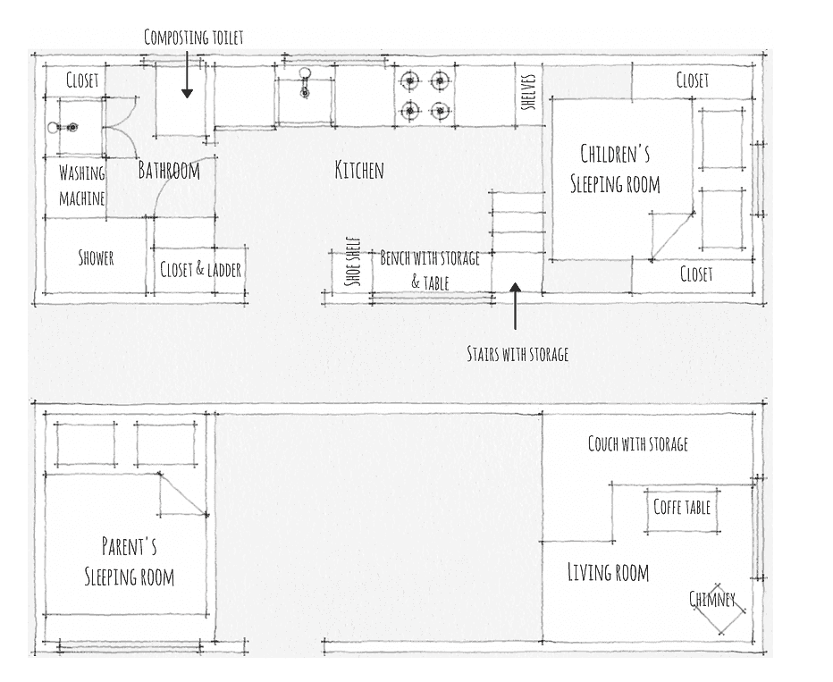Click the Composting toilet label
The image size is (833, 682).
(193, 38)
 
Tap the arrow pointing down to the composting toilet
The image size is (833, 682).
(187, 74)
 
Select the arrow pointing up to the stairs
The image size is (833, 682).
(515, 306)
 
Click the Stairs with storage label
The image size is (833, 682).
(517, 354)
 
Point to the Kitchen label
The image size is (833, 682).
(359, 170)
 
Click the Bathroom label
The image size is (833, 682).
(169, 171)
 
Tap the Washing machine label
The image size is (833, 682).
(82, 186)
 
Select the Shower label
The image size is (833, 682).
(97, 257)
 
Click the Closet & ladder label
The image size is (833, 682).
(201, 269)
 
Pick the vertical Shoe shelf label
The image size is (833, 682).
(353, 261)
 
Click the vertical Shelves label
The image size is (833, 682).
(528, 92)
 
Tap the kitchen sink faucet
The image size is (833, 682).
(305, 82)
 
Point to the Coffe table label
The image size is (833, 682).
(682, 507)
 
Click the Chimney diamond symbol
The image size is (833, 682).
(719, 609)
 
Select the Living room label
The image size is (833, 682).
(609, 573)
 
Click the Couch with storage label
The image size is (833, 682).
(638, 443)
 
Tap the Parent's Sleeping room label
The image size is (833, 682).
(129, 561)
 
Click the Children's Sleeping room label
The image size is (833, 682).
(615, 169)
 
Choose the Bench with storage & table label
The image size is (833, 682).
(430, 270)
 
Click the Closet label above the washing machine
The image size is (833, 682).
(82, 80)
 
